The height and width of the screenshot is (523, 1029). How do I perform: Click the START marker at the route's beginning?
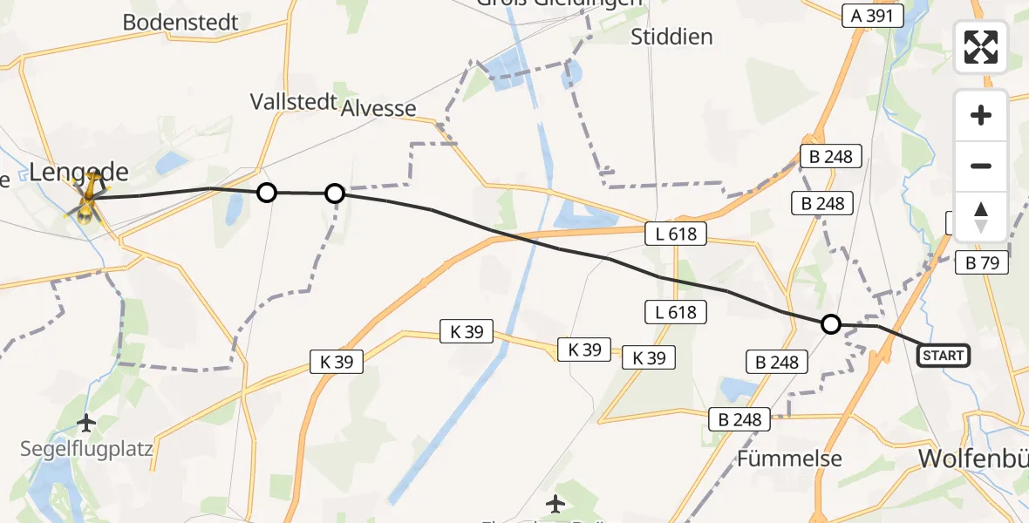click(943, 355)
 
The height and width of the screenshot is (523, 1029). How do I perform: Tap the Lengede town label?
click(78, 172)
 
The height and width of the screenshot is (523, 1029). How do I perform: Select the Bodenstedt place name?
click(181, 23)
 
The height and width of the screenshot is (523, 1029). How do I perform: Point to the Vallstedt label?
click(293, 101)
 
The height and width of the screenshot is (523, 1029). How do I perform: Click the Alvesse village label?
click(378, 107)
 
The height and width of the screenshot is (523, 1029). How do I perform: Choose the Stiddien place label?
click(671, 37)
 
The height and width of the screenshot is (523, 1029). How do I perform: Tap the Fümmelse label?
click(789, 458)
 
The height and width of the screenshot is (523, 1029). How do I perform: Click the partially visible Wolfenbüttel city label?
click(975, 458)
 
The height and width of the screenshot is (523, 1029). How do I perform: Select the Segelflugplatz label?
click(87, 450)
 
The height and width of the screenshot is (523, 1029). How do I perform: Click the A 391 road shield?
click(872, 15)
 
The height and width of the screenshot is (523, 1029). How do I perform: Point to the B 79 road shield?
click(982, 261)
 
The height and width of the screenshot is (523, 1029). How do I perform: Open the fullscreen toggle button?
click(981, 47)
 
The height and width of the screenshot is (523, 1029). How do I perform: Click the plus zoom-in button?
click(981, 115)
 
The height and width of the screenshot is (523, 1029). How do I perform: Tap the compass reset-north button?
click(981, 217)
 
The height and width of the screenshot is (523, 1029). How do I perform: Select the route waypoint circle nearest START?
click(831, 324)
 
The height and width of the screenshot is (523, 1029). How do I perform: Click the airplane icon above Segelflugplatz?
click(85, 424)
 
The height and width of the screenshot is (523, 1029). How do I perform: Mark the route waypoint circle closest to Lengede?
click(267, 193)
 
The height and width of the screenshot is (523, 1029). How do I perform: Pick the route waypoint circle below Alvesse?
click(335, 194)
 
